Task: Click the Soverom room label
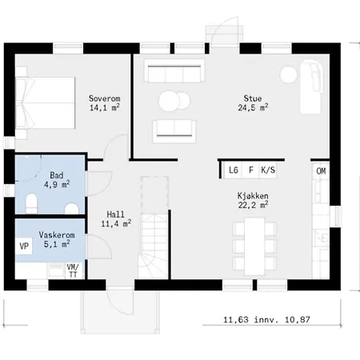105,98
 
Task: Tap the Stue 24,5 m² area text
253,107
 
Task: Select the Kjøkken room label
253,196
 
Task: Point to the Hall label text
115,214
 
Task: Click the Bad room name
57,175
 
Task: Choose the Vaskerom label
57,235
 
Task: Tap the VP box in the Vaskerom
24,246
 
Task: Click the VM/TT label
73,270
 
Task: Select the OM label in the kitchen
321,171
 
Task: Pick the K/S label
268,170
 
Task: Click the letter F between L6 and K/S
251,170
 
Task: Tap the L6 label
234,170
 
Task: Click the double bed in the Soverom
46,103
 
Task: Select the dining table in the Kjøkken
254,246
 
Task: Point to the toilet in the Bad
31,203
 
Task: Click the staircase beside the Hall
154,246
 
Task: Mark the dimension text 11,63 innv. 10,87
266,319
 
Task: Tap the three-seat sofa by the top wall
174,71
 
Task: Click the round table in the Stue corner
289,74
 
